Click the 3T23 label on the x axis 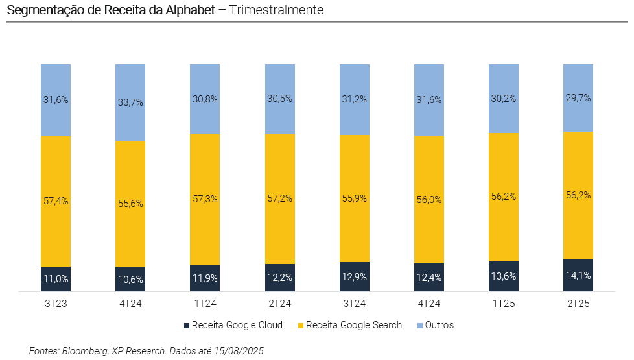coord(56,303)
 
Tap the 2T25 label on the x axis coord(578,303)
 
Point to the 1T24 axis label coord(205,303)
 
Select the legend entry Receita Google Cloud coord(237,325)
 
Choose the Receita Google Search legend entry coord(353,325)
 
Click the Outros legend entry coord(439,325)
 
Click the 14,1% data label coord(578,275)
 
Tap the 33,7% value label coord(130,102)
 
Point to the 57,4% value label coord(56,201)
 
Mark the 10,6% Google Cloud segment coord(130,280)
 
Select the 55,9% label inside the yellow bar coord(355,198)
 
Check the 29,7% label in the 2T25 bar coord(578,97)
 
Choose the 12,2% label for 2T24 coord(280,278)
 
